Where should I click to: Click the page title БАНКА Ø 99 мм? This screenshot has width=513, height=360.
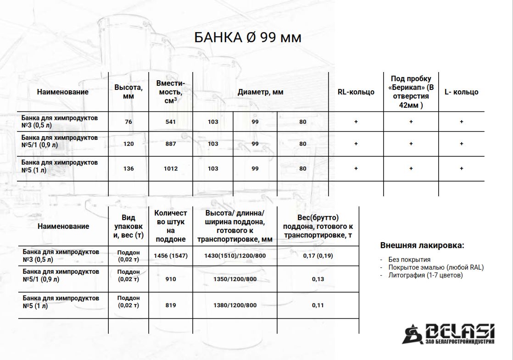tap(248, 37)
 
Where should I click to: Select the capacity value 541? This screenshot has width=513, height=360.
tap(171, 122)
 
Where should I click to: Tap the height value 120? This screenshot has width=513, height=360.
tap(128, 144)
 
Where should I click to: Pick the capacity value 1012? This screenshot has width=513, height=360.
tap(171, 169)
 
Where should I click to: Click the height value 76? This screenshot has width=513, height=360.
tap(128, 122)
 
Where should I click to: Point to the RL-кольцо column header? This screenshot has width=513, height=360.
tap(356, 92)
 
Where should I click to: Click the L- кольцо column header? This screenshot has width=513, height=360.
tap(461, 92)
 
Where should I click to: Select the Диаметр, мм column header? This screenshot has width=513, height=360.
tap(260, 92)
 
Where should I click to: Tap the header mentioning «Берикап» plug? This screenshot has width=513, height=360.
tap(411, 92)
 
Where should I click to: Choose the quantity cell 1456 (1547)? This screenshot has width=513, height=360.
tap(171, 255)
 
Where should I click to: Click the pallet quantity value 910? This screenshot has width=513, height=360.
tap(171, 279)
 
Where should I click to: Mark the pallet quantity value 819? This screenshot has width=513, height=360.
tap(171, 305)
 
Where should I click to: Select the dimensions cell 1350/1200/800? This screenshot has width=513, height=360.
tap(234, 279)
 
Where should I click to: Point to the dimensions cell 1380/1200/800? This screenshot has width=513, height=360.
tap(234, 305)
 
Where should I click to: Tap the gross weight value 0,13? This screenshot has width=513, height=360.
tap(318, 279)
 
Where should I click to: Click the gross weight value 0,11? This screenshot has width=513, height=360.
tap(318, 305)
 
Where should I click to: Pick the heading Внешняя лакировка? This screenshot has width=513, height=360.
tap(422, 245)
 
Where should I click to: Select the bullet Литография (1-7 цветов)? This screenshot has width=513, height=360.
tap(425, 275)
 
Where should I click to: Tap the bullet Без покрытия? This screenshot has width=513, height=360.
tap(409, 259)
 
